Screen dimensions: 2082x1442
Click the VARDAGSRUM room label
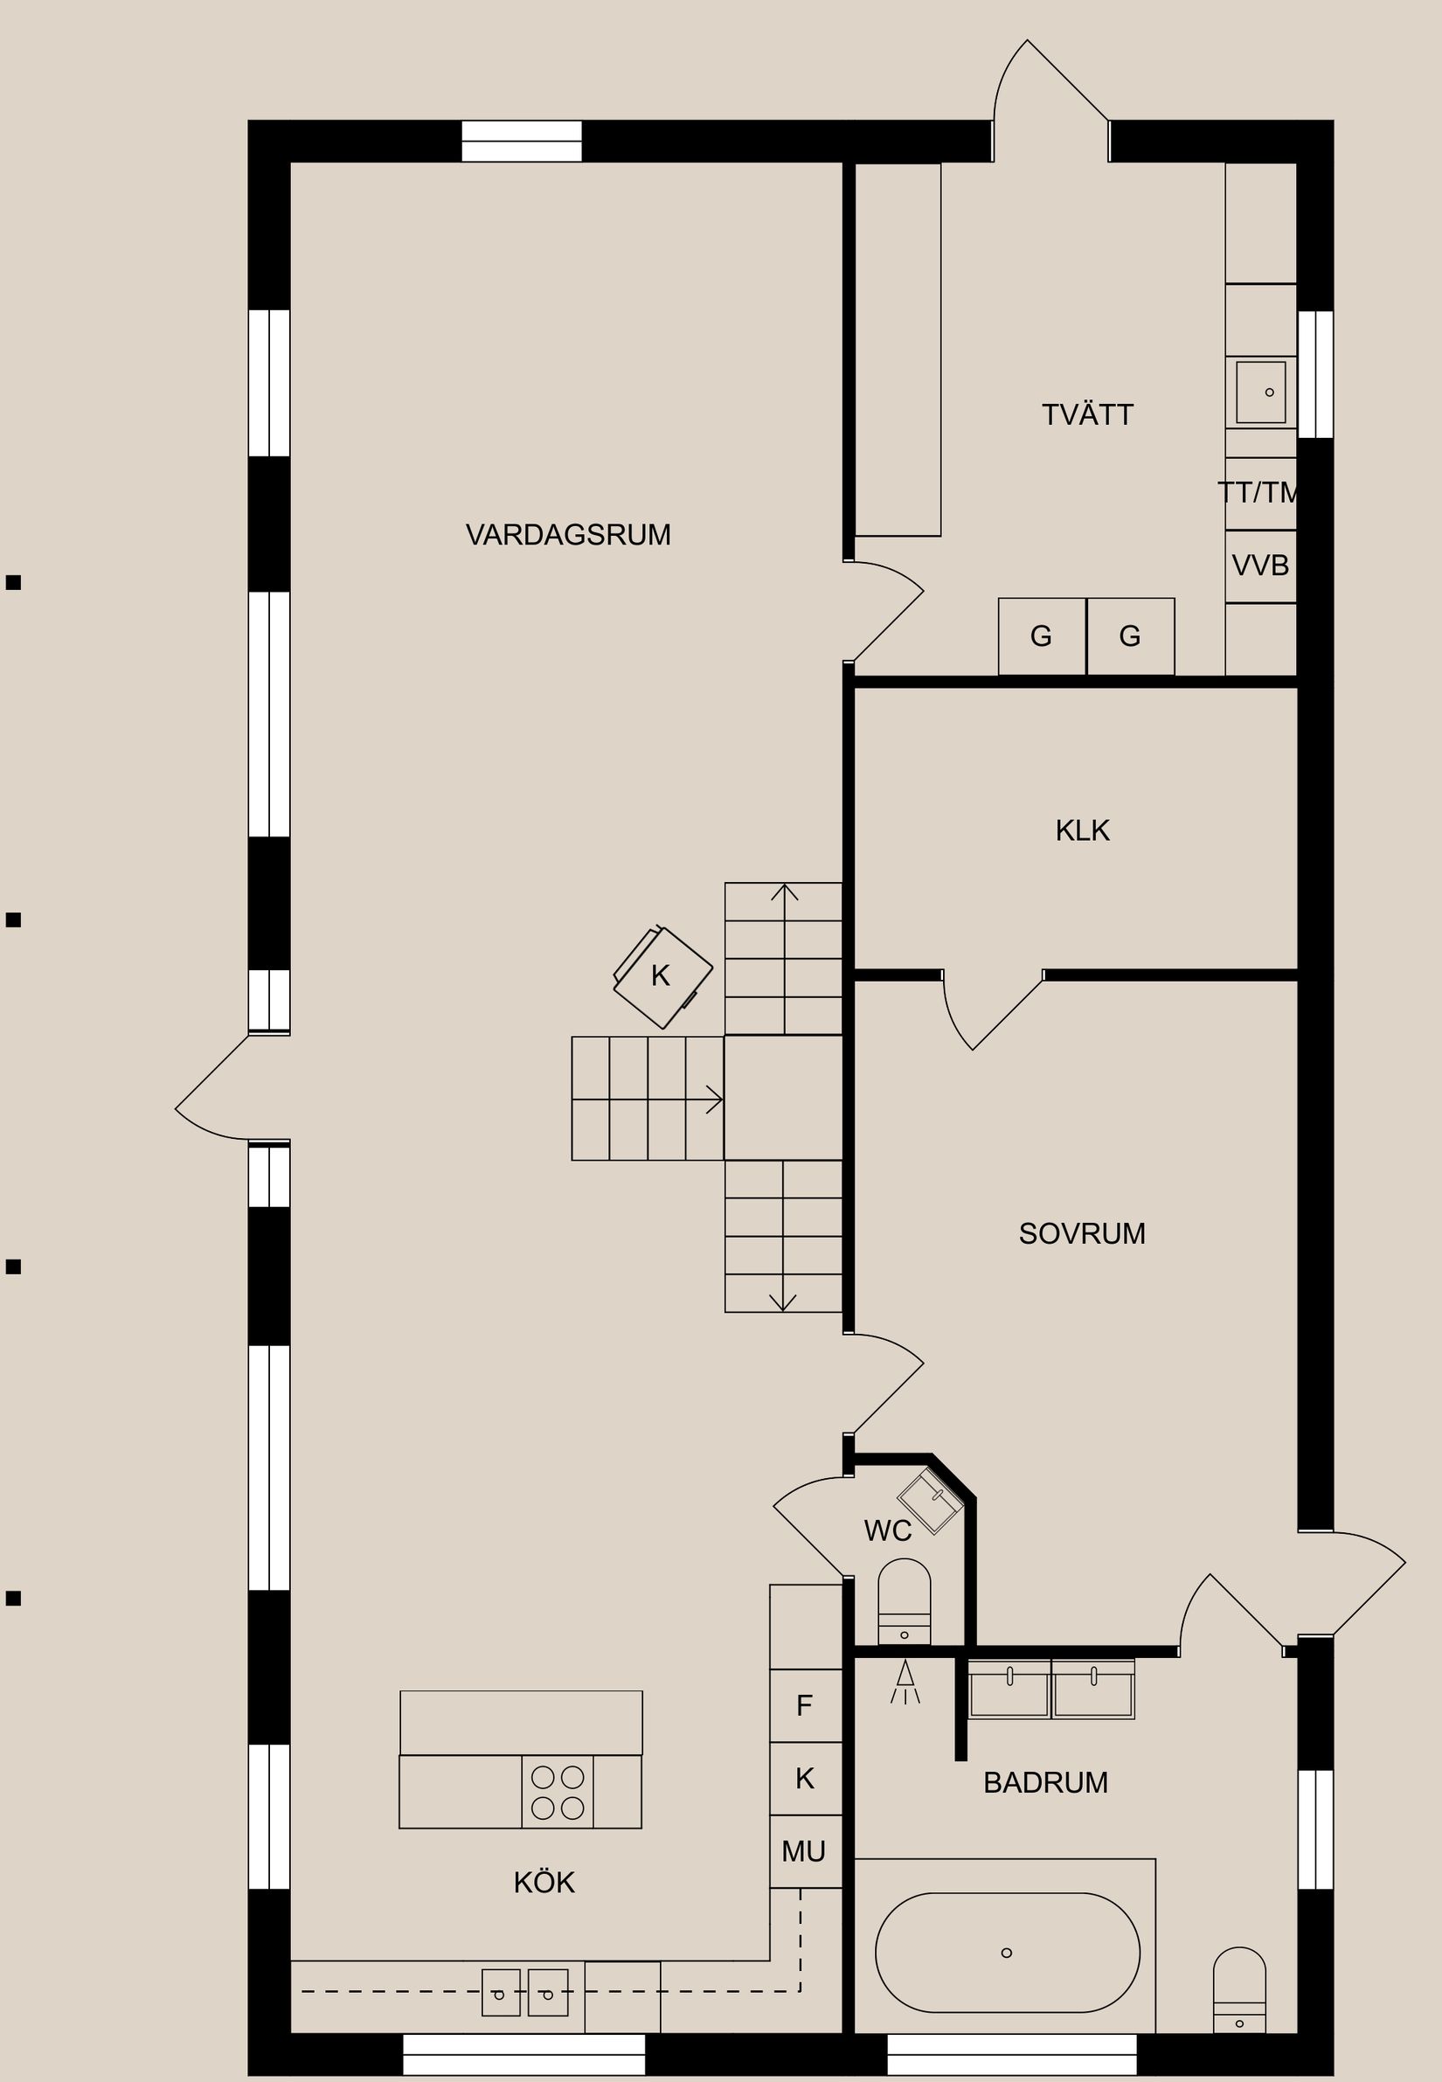568,535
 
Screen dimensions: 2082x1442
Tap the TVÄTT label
1087,415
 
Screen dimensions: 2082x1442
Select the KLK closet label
1082,830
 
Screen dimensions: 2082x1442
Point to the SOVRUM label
1082,1233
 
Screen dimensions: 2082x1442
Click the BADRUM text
1045,1783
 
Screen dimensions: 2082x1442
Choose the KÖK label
544,1883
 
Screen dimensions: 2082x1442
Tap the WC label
887,1530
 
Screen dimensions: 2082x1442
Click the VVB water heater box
1260,566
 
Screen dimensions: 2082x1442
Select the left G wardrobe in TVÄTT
1041,636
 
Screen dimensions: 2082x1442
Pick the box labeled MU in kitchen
804,1851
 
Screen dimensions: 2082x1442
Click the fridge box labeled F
804,1705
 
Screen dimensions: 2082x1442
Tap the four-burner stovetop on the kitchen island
558,1793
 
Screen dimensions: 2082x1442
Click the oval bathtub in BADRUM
1008,1953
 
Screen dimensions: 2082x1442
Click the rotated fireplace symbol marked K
662,977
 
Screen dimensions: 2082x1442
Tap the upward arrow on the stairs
784,895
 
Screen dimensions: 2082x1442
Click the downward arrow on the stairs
782,1301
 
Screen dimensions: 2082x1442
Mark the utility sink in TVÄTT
1260,392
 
